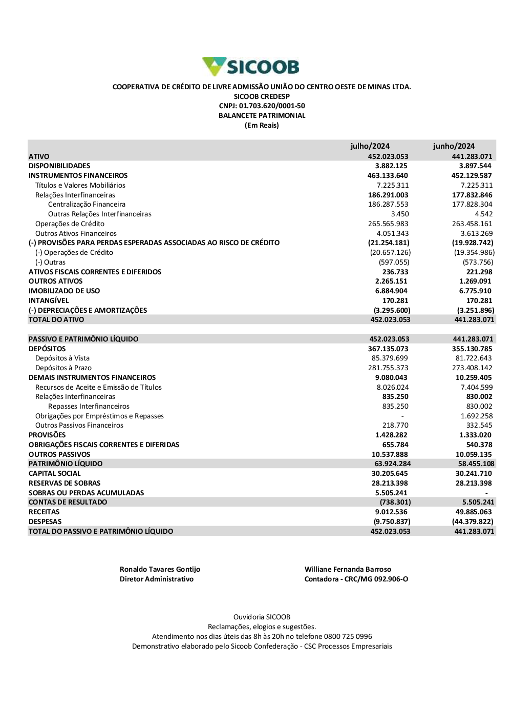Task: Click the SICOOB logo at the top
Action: tap(251, 67)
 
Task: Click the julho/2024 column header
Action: tap(370, 146)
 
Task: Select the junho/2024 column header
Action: tap(454, 146)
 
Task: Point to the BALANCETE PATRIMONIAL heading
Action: tap(262, 116)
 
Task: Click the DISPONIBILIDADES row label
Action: tap(59, 166)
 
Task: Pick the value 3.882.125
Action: tap(391, 166)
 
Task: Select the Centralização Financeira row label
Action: tap(87, 205)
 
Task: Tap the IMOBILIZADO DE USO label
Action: tap(65, 291)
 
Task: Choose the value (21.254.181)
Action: tap(389, 243)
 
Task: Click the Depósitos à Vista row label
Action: tap(62, 358)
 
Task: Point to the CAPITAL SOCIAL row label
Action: tap(55, 474)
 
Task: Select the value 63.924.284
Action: tap(393, 464)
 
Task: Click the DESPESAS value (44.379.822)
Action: tap(473, 522)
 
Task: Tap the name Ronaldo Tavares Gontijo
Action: tap(160, 570)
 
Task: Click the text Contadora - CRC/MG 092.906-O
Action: tap(356, 579)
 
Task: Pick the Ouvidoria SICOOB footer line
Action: tap(262, 617)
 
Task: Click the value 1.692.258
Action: tap(477, 416)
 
